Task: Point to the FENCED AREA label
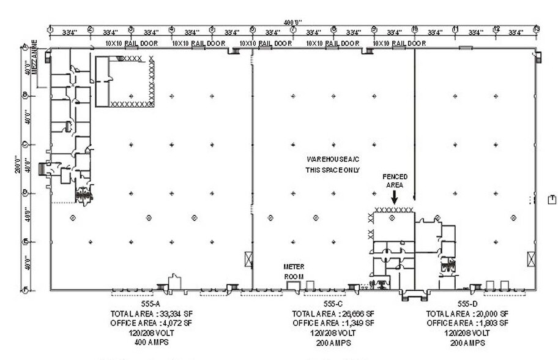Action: (395, 181)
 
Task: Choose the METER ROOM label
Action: (294, 271)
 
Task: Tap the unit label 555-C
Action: (333, 304)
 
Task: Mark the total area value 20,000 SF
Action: (489, 313)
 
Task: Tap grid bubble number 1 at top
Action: (50, 29)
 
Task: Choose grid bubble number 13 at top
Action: (536, 29)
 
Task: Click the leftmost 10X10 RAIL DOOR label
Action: (132, 43)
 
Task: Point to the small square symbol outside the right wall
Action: (552, 198)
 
